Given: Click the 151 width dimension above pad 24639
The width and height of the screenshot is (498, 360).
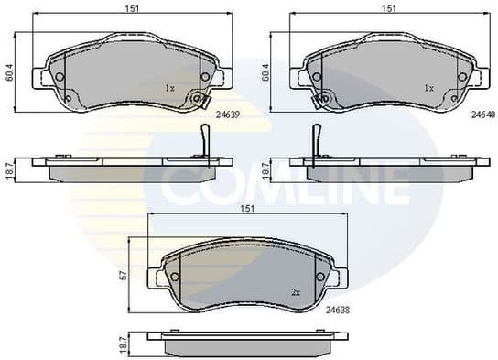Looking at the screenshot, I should coord(134,10).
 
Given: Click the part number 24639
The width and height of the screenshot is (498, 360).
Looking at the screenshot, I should coord(227,115).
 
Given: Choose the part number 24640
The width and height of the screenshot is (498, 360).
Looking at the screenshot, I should coord(482,115).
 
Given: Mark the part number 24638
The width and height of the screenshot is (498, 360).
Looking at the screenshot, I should coord(338,310).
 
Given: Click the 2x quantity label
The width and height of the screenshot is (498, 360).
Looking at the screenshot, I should coord(296,291).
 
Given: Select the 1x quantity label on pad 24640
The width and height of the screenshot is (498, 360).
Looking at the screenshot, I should coord(428,88).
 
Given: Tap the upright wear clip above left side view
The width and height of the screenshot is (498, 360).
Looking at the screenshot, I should coord(205,140).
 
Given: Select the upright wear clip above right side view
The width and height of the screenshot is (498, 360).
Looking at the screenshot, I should coord(316,140).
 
